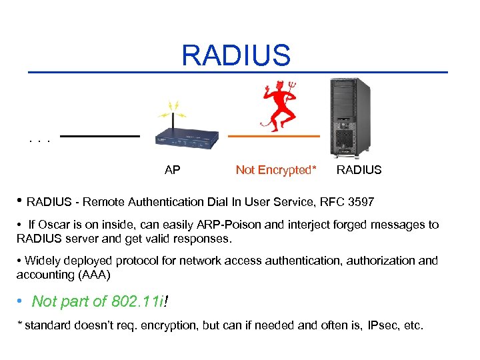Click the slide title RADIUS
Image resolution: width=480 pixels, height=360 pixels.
237,55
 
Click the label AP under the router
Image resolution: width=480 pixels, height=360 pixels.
172,170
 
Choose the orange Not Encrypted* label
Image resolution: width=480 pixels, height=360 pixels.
276,170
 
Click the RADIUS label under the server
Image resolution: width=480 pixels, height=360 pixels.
359,170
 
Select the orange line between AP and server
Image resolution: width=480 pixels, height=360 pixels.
273,136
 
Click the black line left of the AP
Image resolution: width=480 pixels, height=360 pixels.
100,136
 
